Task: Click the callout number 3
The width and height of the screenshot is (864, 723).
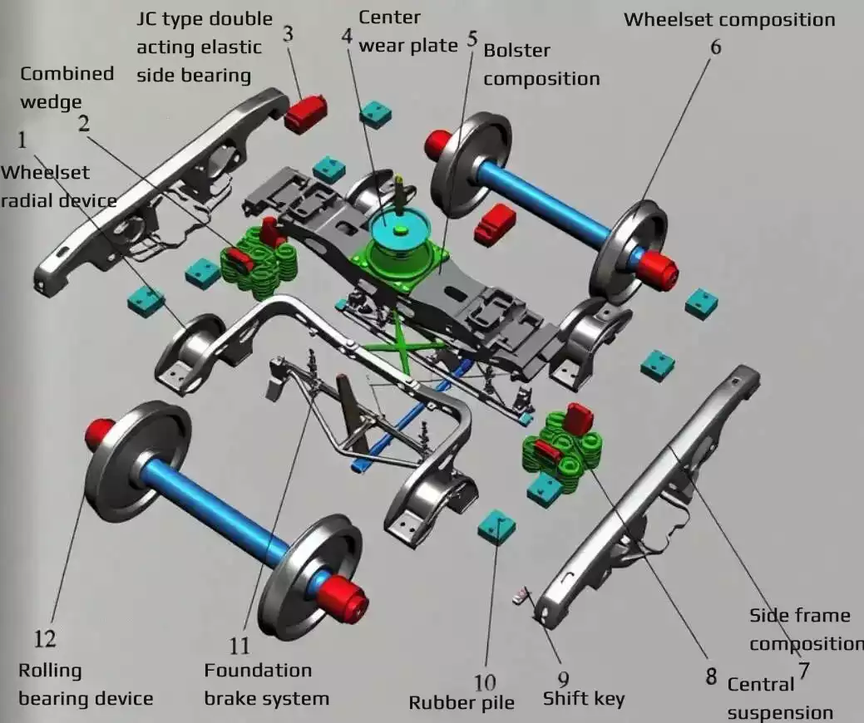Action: (x=288, y=35)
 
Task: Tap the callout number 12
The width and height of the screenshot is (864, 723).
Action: (x=45, y=638)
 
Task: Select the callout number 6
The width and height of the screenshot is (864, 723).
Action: (x=715, y=47)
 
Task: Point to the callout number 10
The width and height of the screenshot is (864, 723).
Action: (x=485, y=683)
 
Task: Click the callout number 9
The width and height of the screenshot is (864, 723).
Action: (x=563, y=679)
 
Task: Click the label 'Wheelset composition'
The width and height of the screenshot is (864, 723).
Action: (x=729, y=19)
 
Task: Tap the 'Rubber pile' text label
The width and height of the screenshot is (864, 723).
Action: (x=462, y=703)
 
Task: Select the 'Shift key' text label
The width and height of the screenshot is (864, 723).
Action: (x=583, y=698)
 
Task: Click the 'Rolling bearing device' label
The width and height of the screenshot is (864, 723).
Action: (x=86, y=684)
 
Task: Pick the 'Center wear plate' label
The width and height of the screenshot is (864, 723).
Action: (x=407, y=31)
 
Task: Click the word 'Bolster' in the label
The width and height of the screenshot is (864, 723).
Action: (x=516, y=50)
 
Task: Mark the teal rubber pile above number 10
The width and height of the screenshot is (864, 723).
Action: (x=496, y=526)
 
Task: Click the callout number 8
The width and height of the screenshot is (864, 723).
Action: (x=711, y=676)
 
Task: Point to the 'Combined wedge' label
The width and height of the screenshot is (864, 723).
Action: (x=67, y=87)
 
